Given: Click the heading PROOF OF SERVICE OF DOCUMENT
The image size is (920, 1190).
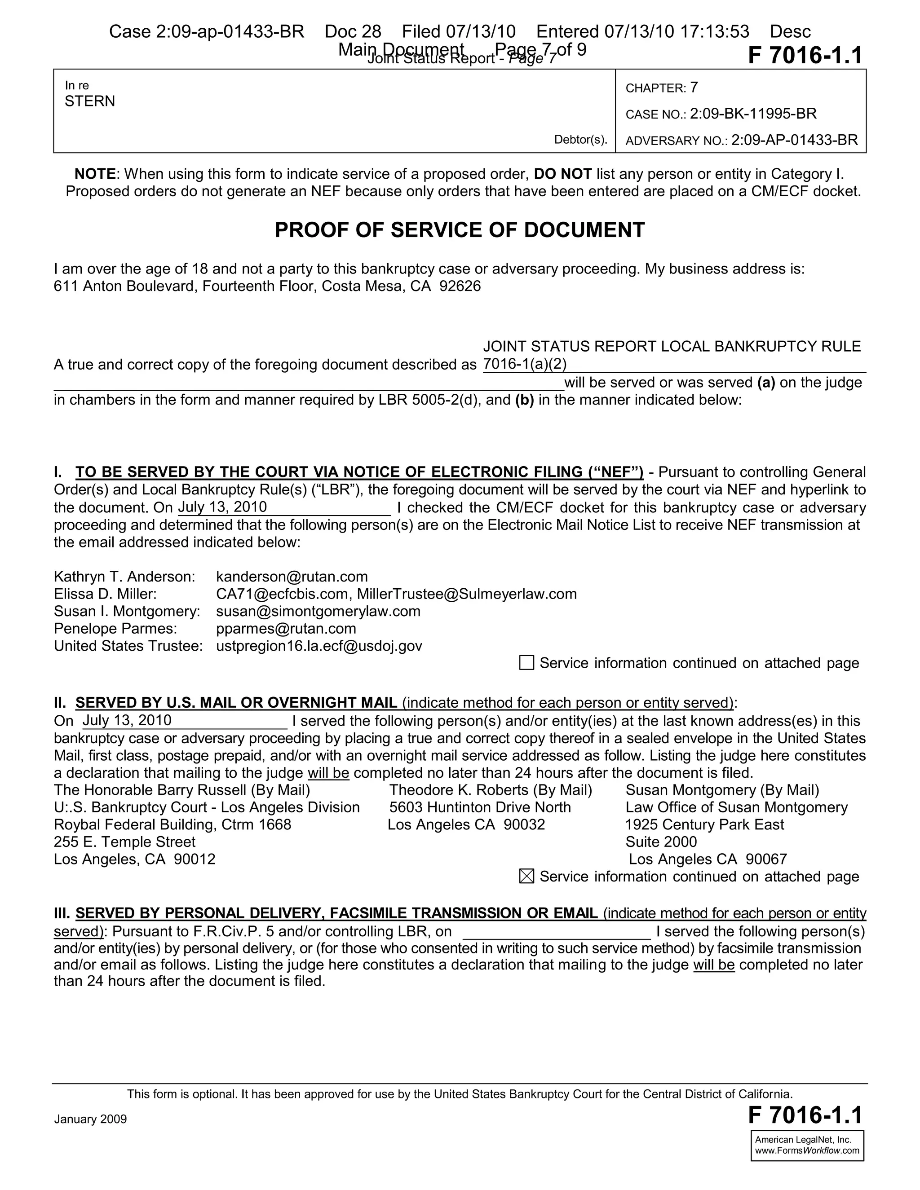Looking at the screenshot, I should pos(460,230).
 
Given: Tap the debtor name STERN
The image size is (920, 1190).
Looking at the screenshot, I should pos(90,101).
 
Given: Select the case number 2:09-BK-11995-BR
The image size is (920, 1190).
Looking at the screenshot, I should pos(753,114).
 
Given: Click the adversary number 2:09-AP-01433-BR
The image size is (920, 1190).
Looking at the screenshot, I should pos(794,140).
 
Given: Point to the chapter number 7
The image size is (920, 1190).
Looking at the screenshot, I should pos(694,87).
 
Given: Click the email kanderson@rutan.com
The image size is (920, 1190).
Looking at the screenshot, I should pos(292,577).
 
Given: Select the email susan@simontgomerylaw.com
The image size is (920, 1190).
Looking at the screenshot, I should pos(318,611).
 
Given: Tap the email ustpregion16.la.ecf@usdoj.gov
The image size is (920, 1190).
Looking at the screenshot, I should pos(319,646).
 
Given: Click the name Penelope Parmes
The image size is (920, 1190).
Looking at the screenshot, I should pos(115,629).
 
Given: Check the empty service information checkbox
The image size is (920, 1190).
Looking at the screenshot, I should pos(526,663).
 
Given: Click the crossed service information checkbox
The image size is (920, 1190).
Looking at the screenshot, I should pos(526,877).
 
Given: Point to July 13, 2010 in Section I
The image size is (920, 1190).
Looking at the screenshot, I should pos(222,507).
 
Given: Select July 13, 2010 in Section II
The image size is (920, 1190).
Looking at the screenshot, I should pos(127,720).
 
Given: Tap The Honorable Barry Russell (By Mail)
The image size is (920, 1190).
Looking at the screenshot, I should pos(182,790).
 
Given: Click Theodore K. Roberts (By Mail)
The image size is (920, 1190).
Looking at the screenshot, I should pos(491,790).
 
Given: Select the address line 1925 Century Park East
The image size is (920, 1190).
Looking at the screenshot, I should pos(704,824).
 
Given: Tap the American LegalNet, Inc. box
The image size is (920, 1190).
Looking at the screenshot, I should pos(807,1146).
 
